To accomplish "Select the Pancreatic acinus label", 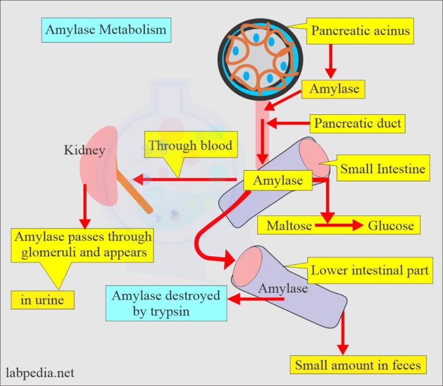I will (x=361, y=31).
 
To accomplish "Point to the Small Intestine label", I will (x=382, y=168).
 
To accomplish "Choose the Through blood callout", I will (x=190, y=146).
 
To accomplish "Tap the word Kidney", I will (x=85, y=151).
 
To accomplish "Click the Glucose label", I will (x=391, y=225).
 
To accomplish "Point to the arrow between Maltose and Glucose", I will (x=337, y=225).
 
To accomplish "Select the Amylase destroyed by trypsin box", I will (x=166, y=304).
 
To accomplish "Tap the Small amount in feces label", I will (x=358, y=365).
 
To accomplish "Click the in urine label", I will (x=37, y=300).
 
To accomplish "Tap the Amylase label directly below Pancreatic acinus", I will (x=334, y=89).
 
